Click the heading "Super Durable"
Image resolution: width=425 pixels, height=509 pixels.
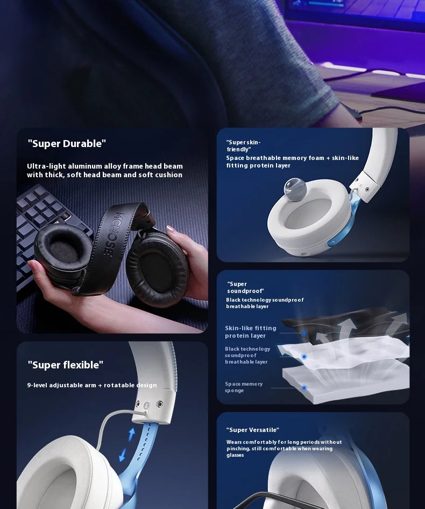tap(67, 143)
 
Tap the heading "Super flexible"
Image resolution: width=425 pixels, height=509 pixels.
tap(66, 365)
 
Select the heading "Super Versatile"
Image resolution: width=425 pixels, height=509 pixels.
tap(252, 430)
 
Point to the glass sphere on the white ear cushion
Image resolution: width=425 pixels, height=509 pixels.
tap(295, 188)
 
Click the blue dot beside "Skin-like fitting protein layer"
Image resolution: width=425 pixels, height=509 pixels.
tap(304, 333)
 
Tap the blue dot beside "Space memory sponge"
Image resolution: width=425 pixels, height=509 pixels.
tap(304, 388)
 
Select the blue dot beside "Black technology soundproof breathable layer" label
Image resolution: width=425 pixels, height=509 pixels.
tap(304, 357)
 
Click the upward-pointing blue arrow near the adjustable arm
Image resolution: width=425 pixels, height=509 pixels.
tap(132, 434)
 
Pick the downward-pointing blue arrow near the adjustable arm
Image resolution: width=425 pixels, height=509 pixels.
tap(123, 455)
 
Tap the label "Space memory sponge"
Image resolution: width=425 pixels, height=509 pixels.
tap(244, 387)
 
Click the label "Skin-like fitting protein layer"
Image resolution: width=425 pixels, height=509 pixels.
tap(251, 332)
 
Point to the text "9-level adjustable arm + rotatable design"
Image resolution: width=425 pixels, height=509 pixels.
tap(92, 385)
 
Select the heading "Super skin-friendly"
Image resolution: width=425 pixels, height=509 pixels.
tap(243, 146)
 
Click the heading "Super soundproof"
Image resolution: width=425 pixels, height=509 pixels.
tap(245, 287)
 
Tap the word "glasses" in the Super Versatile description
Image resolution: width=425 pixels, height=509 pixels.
tap(235, 455)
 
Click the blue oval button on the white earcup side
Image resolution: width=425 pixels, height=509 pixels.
tap(331, 243)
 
